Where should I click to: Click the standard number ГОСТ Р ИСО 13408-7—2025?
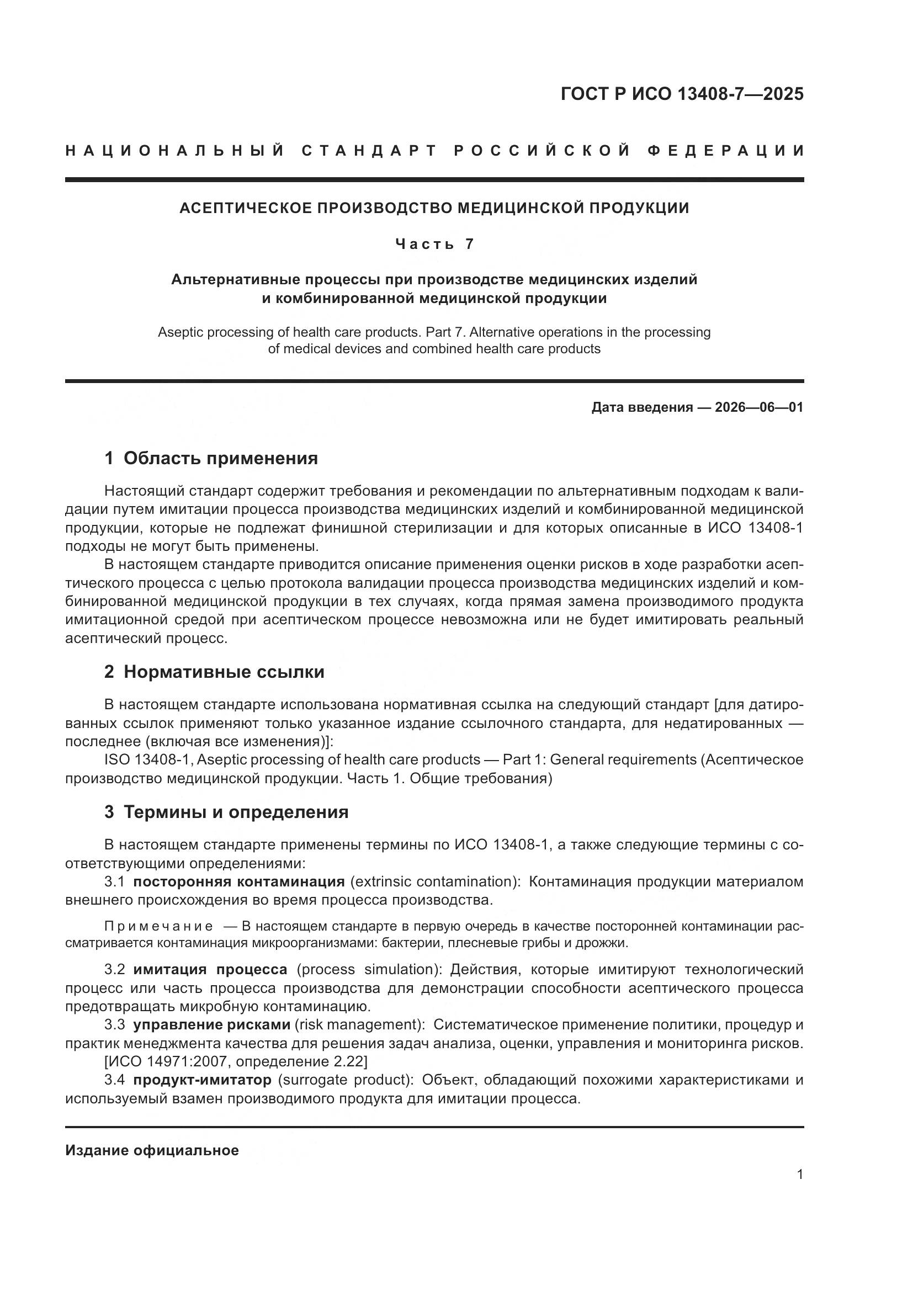tap(681, 94)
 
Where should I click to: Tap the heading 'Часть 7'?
tap(434, 244)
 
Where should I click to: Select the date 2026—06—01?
tap(759, 407)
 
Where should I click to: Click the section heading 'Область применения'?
tap(220, 458)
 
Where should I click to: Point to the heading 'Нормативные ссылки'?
tap(224, 672)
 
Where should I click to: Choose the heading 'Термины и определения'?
tap(236, 812)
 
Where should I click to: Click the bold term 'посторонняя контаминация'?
tap(238, 881)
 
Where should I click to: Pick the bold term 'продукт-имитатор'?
tap(202, 1080)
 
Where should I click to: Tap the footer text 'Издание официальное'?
tap(152, 1150)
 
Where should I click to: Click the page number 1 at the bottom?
tap(800, 1175)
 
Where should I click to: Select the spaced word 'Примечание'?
tap(158, 926)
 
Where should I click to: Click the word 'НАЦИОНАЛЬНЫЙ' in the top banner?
tap(175, 151)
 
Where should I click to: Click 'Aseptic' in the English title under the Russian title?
tap(180, 332)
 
